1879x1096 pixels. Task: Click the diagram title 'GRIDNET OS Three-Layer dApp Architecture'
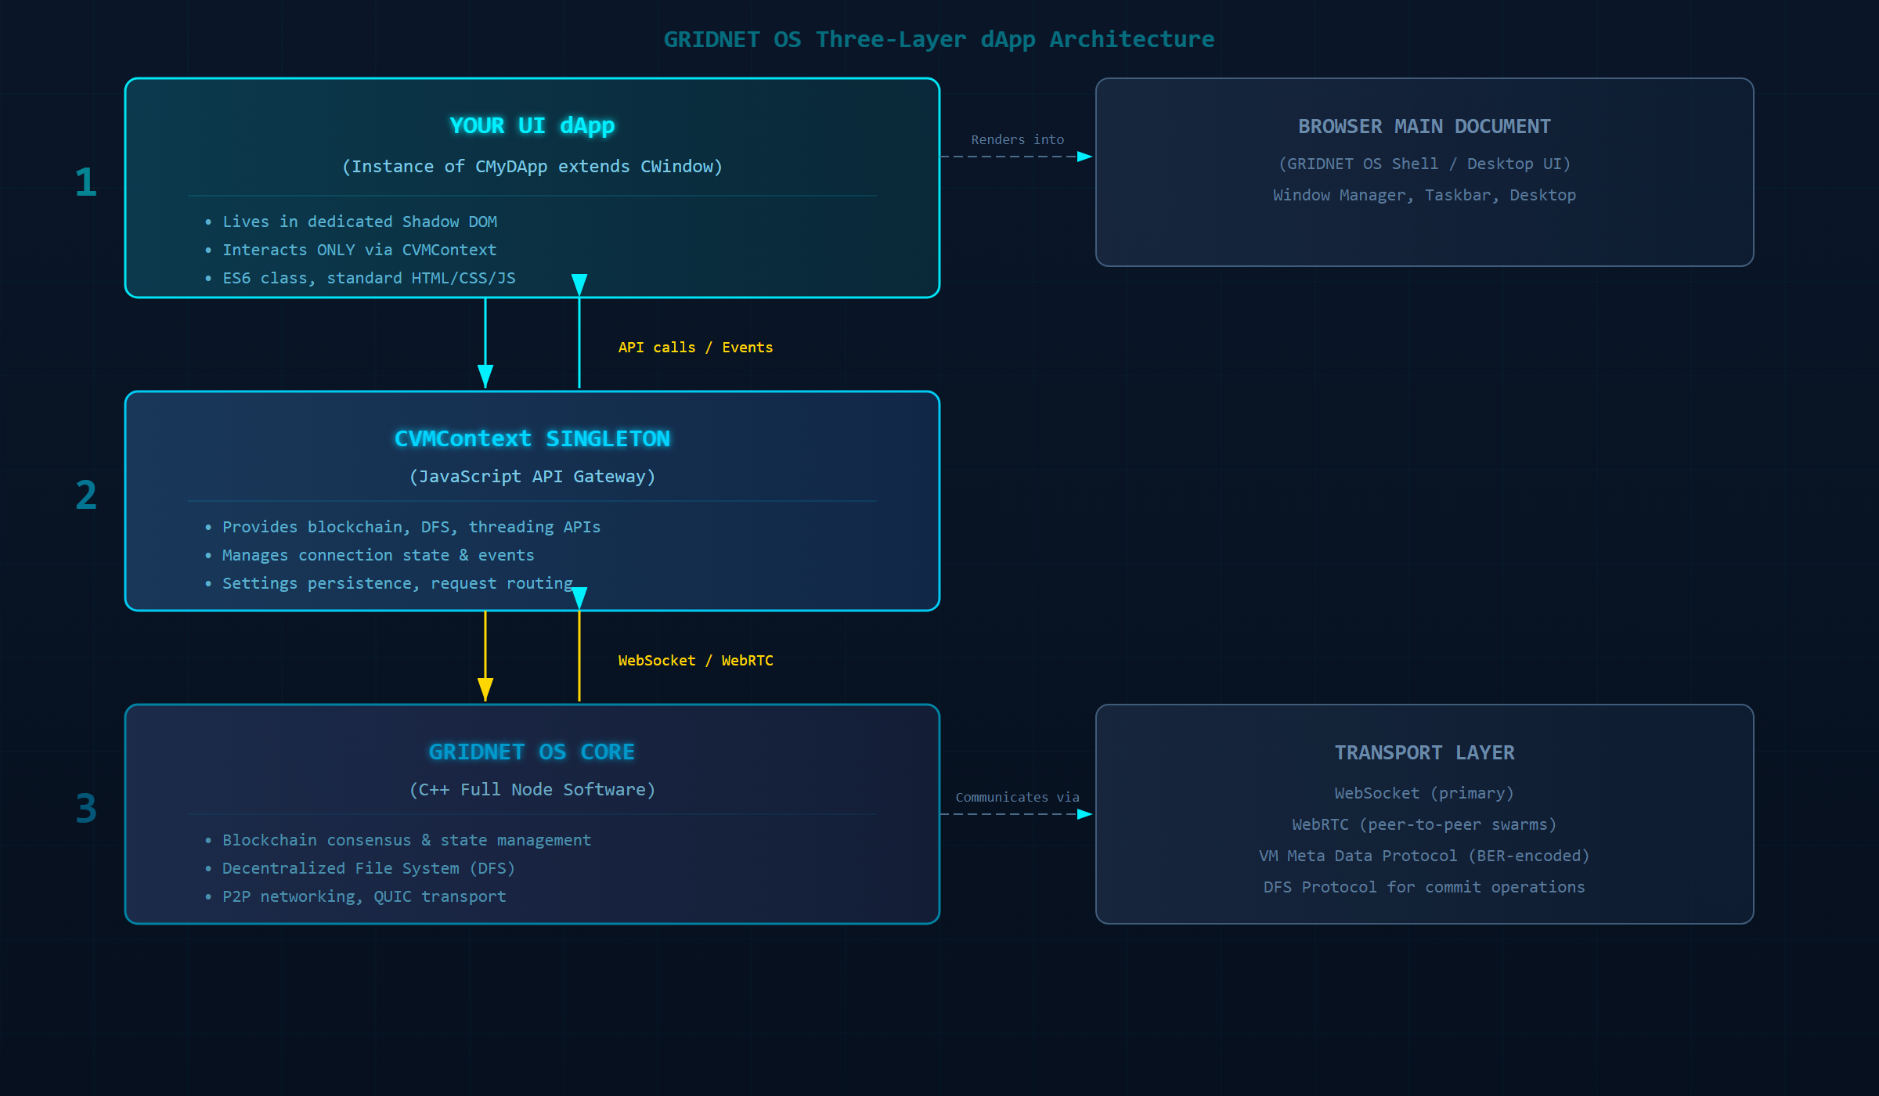click(939, 39)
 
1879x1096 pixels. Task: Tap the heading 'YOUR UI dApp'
click(532, 125)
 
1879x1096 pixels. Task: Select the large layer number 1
click(85, 182)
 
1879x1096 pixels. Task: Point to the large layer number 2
click(85, 495)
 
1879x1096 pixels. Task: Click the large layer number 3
click(85, 808)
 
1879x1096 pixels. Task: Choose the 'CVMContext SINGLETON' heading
click(532, 438)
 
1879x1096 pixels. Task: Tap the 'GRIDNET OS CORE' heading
click(532, 752)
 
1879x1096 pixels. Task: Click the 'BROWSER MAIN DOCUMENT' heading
click(1424, 126)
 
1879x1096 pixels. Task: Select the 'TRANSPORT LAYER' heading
click(1424, 752)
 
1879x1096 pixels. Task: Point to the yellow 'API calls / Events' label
click(695, 348)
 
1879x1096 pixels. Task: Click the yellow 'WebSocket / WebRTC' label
click(695, 661)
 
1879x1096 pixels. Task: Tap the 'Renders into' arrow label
click(1017, 139)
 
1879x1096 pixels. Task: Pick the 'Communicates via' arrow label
click(1017, 797)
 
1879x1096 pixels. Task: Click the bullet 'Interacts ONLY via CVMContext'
click(359, 250)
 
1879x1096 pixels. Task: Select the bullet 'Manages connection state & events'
click(378, 555)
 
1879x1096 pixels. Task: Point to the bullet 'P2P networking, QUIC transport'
click(364, 896)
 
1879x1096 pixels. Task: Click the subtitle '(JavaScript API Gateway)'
click(532, 476)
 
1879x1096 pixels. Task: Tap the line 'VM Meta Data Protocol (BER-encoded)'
click(1424, 856)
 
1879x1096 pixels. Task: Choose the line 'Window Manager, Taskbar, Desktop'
click(1424, 195)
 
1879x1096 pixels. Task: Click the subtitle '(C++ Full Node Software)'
click(532, 789)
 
